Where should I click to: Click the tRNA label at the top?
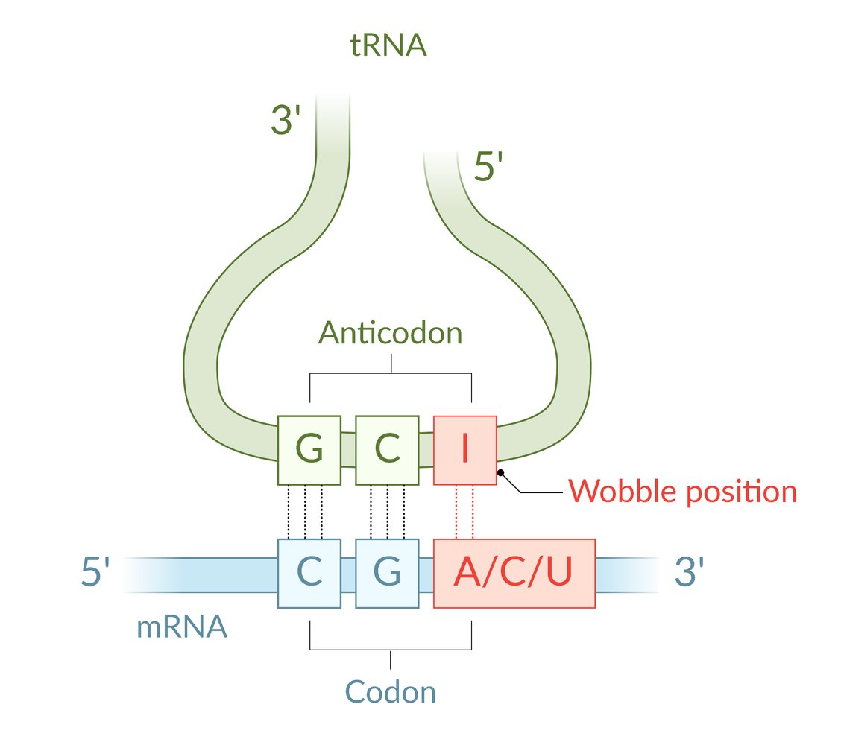pos(388,46)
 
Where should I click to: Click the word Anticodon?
pos(390,333)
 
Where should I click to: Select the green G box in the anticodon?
pos(309,449)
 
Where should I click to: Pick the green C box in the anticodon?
pos(387,449)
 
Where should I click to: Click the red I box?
pos(464,449)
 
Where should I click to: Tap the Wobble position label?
pos(682,492)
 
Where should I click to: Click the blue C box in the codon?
pos(309,572)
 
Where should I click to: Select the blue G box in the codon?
pos(387,572)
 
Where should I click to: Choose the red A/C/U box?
pos(514,572)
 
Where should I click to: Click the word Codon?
pos(391,692)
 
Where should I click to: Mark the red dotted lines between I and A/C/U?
pos(464,512)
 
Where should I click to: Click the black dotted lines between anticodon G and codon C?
pos(305,512)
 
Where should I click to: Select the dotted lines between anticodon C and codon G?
pos(387,512)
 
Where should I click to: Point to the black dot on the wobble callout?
pos(501,472)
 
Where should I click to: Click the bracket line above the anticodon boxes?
pos(391,372)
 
